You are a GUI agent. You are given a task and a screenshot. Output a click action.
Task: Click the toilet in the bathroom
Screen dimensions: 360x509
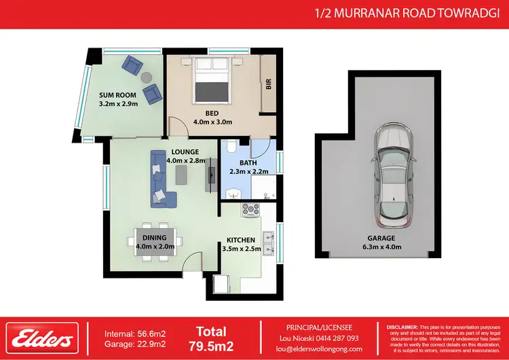231,147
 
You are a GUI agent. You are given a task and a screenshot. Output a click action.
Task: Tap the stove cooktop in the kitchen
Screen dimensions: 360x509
250,210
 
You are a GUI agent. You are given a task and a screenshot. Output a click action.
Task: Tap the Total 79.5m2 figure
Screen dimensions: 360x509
210,338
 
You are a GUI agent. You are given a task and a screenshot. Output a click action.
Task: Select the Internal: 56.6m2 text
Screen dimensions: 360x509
135,333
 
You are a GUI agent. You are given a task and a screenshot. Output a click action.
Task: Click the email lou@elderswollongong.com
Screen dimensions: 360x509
317,348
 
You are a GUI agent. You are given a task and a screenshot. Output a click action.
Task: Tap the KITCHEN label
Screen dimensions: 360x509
241,240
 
